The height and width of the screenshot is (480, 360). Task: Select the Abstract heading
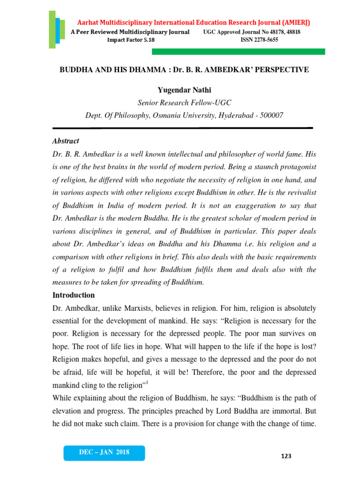coord(65,141)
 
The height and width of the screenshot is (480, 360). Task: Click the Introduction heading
coord(73,295)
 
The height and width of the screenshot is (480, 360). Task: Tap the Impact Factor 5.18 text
coord(131,40)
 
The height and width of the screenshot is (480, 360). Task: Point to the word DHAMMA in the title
coord(141,69)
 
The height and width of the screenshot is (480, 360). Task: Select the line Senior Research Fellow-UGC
coord(184,103)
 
